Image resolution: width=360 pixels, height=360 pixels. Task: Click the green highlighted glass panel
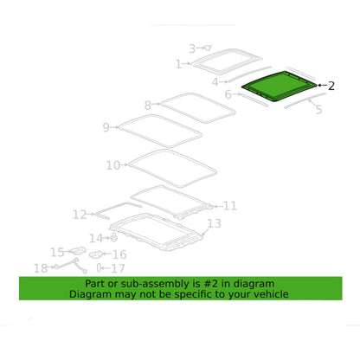click(280, 86)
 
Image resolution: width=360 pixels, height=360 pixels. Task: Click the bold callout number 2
click(331, 86)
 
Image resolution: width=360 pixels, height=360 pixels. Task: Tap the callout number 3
click(192, 48)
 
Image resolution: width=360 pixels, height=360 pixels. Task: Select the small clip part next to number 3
click(209, 48)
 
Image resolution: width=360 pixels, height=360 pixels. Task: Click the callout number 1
click(178, 64)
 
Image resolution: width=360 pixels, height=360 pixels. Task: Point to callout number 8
click(148, 106)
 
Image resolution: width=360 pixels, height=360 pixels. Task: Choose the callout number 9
click(106, 127)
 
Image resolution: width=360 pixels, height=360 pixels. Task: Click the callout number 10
click(113, 165)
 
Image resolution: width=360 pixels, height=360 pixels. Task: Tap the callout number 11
click(230, 206)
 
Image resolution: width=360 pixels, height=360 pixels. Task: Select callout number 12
click(80, 215)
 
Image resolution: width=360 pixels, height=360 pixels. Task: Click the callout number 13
click(215, 223)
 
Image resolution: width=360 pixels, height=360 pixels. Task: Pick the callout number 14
click(96, 238)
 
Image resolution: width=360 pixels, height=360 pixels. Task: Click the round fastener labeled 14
click(114, 237)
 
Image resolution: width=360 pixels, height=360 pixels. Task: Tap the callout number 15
click(57, 252)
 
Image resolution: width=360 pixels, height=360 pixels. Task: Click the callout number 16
click(119, 254)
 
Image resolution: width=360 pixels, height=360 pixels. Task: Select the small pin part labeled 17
click(99, 268)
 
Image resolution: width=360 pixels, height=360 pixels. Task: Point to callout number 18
click(41, 268)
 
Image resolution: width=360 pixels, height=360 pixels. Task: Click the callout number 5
click(318, 109)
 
